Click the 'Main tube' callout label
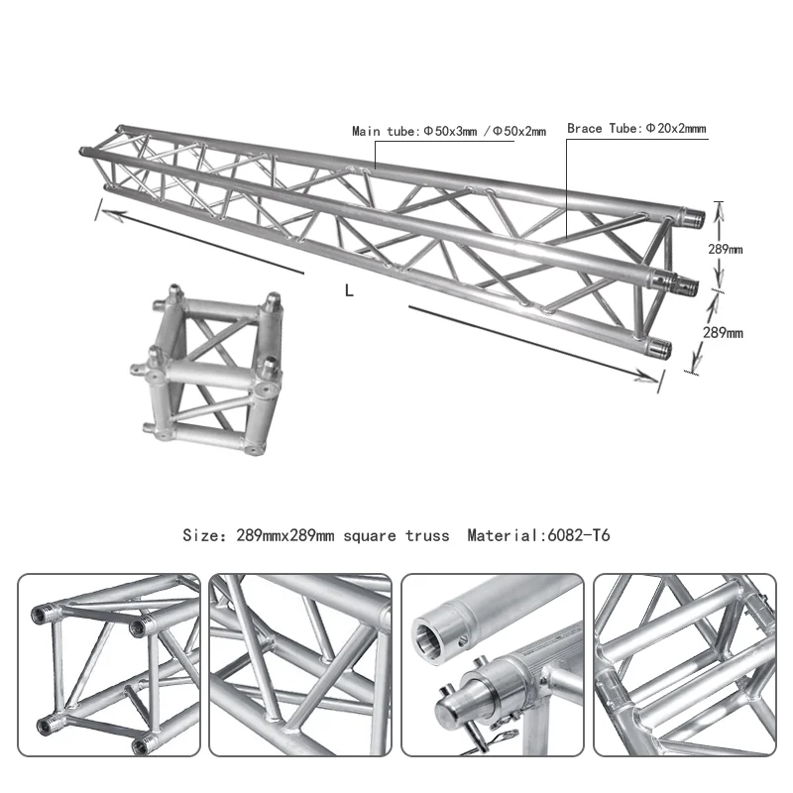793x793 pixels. pos(449,131)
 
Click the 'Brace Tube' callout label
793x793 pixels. pos(635,129)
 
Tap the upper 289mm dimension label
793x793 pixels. pos(725,249)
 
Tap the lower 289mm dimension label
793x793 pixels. pos(723,333)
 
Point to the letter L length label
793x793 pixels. pos(348,290)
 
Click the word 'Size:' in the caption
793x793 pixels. pos(204,535)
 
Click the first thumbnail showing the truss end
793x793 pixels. pos(109,665)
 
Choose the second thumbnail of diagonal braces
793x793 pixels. pos(300,665)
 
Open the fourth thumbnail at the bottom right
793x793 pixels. pos(684,665)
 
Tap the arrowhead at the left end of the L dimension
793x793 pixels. pos(101,210)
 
